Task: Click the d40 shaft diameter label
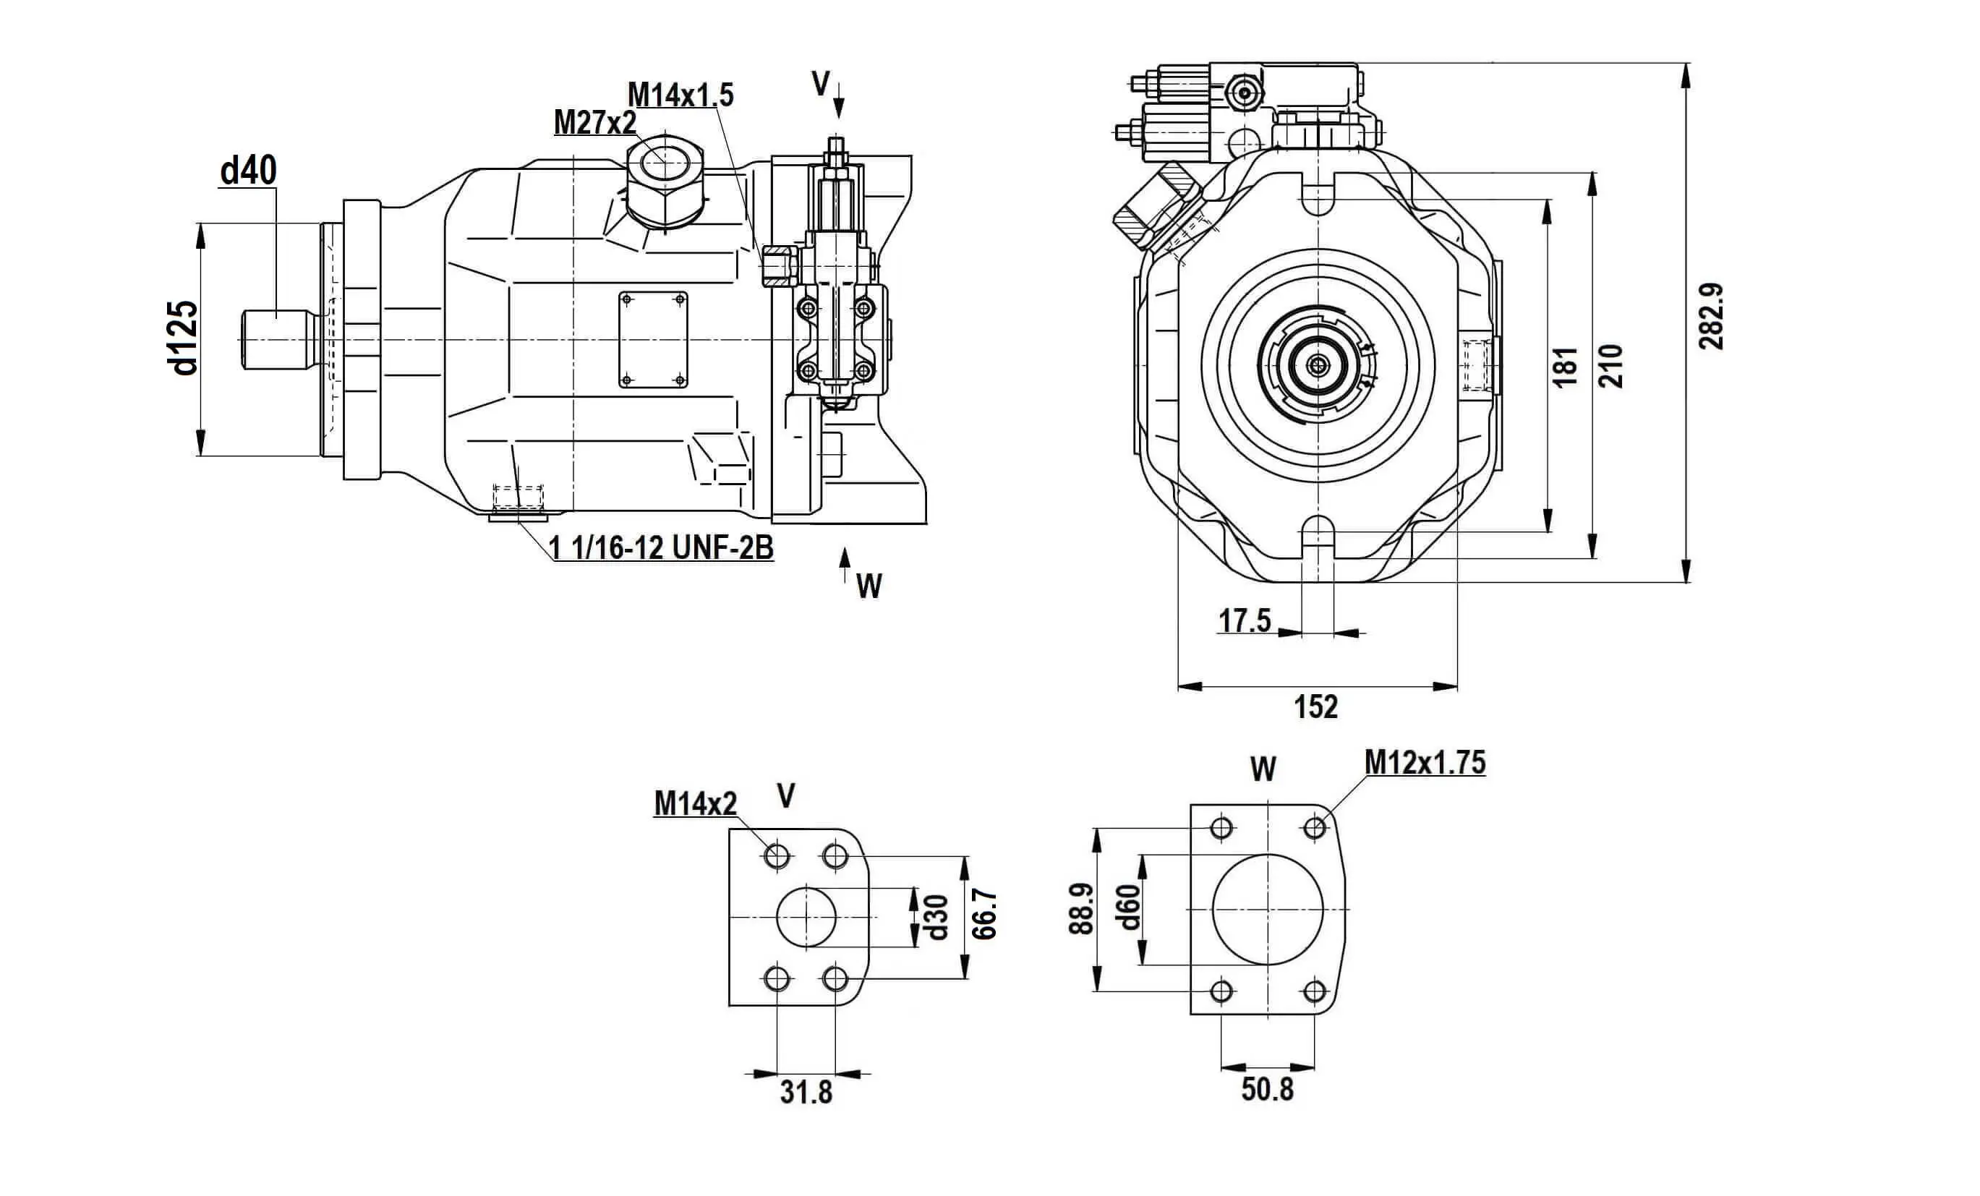point(248,171)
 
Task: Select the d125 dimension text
point(184,338)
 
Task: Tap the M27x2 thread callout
point(594,122)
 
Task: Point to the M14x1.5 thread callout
point(680,95)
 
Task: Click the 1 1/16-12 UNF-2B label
point(660,547)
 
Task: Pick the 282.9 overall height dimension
point(1712,316)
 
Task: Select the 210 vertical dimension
point(1612,366)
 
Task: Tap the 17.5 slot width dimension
point(1245,620)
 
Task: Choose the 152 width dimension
point(1315,706)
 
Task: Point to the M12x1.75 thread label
point(1425,762)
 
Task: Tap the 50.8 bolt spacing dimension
point(1267,1089)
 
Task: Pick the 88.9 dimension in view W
point(1082,908)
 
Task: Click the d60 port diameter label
point(1129,907)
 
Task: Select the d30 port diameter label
point(937,917)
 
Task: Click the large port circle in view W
point(1267,910)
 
